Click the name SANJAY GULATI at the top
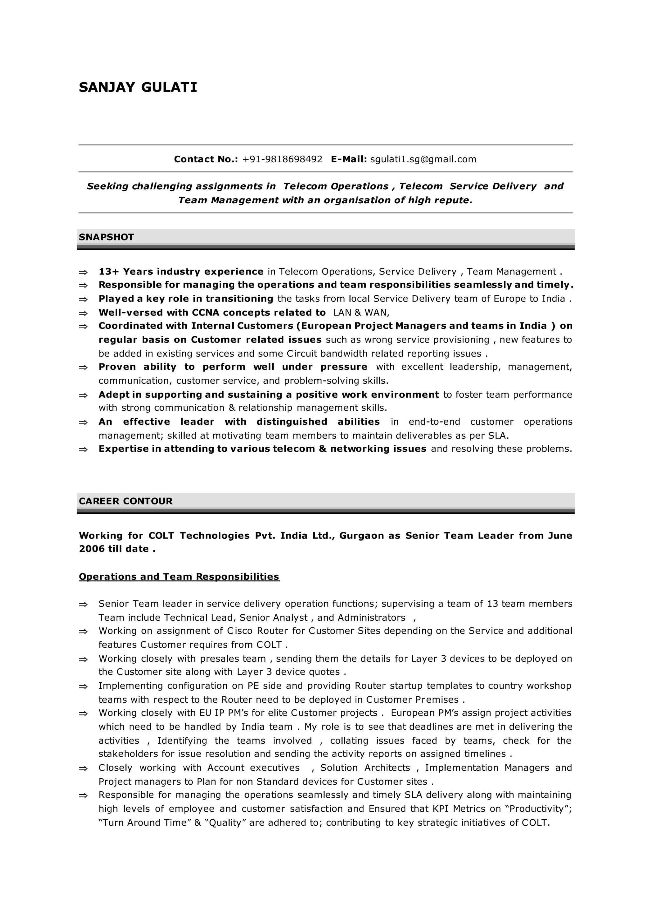(x=138, y=87)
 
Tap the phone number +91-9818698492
(x=282, y=159)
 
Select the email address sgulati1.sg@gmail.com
(x=423, y=159)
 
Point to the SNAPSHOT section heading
(x=106, y=237)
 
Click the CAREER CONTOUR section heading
(x=126, y=501)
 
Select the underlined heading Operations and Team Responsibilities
(x=179, y=577)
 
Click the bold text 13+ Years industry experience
(x=181, y=272)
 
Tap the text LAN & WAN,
(x=361, y=313)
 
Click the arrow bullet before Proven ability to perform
(x=83, y=368)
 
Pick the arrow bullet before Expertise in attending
(x=83, y=450)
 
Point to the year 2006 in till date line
(x=92, y=549)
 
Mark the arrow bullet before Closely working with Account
(x=83, y=768)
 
